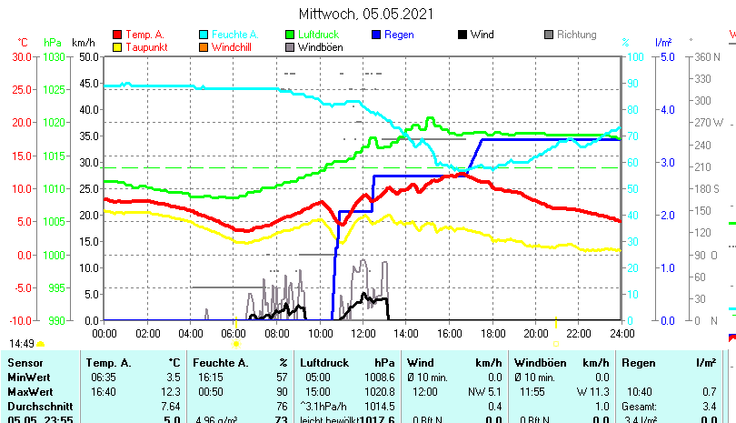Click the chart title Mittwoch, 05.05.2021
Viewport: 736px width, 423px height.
click(366, 14)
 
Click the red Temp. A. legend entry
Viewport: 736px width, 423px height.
click(144, 35)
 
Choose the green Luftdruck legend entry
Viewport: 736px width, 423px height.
click(318, 35)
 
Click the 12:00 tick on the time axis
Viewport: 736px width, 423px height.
click(363, 334)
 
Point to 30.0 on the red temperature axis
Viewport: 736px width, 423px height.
click(22, 56)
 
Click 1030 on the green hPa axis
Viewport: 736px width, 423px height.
click(55, 56)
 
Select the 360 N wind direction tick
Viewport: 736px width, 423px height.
click(708, 56)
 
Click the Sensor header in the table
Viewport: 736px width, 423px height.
click(25, 363)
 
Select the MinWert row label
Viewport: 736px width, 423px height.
click(30, 377)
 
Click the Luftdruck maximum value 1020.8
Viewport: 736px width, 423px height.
click(382, 391)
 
